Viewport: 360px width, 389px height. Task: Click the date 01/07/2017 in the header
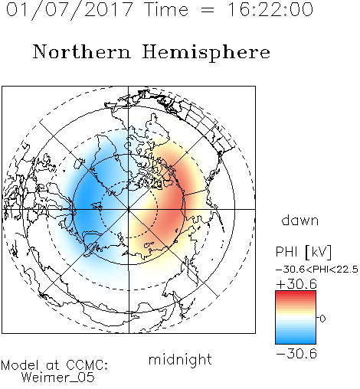70,10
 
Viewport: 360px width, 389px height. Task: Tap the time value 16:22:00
270,10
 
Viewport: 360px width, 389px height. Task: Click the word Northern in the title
82,52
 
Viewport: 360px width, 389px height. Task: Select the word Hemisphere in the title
206,53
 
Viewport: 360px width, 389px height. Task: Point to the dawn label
300,220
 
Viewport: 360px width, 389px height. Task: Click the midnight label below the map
180,359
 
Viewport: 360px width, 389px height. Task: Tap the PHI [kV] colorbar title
303,252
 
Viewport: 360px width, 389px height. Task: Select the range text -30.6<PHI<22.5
317,270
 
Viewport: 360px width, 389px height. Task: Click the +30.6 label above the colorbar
296,284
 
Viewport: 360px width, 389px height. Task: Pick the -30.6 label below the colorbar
296,354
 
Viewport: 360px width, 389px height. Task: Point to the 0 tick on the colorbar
322,319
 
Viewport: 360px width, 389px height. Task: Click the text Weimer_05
58,378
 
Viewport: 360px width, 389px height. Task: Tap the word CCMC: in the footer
87,365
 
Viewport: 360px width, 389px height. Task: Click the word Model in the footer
20,365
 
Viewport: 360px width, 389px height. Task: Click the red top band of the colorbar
296,293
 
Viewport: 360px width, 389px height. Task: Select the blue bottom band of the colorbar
296,341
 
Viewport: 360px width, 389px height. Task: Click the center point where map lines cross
129,209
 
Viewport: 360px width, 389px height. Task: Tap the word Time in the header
166,10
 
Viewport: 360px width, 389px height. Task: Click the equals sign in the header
208,11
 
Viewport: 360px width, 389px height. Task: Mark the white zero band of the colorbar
296,319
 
